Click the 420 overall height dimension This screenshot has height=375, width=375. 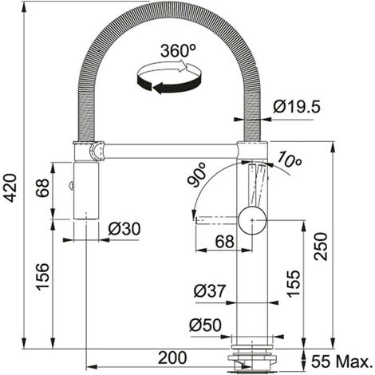[x=11, y=187]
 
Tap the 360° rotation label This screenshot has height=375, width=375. [x=178, y=51]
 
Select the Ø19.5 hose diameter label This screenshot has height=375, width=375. [x=297, y=107]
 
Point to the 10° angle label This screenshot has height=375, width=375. [x=289, y=160]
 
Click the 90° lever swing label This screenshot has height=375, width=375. [x=197, y=175]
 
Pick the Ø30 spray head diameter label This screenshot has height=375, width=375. [x=124, y=229]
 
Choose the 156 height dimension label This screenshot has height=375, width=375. [x=43, y=276]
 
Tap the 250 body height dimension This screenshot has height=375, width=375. [x=321, y=247]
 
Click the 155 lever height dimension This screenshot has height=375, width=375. [x=294, y=283]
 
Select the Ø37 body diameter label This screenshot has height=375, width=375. [x=210, y=290]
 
